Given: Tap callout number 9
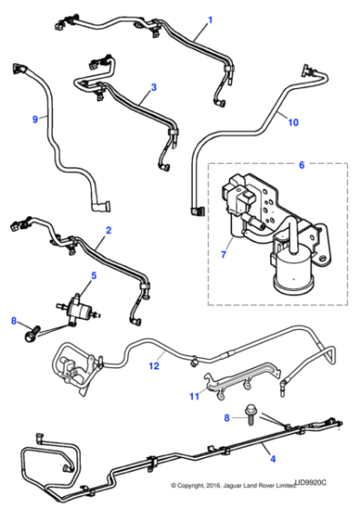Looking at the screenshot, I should [35, 119].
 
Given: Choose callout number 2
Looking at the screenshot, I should [108, 233].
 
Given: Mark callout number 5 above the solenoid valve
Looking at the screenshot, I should [92, 274].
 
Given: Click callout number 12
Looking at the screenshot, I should [155, 365].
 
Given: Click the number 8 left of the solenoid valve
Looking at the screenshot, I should [14, 320].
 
